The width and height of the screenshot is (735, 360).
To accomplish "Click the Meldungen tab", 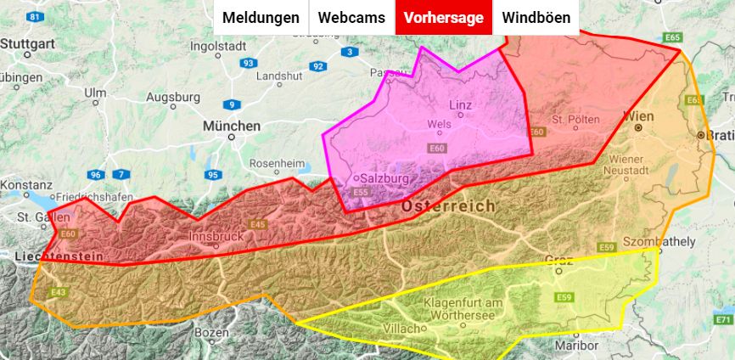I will [261, 18].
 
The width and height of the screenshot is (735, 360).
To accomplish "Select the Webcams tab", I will [351, 18].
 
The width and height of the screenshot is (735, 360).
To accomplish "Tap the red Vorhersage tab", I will [444, 18].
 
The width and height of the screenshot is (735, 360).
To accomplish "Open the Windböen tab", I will [536, 18].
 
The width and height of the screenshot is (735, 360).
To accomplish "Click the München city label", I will [231, 126].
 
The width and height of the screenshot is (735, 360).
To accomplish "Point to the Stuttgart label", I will [28, 42].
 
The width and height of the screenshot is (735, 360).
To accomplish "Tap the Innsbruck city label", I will [216, 236].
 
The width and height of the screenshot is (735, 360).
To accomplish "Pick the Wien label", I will [637, 115].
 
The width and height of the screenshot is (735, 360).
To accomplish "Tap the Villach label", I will [402, 328].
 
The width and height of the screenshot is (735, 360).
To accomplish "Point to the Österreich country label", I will [447, 206].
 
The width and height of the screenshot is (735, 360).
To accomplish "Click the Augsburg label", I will [173, 97].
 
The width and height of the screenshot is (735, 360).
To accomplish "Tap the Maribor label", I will [576, 346].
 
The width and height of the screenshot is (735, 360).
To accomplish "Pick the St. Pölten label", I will [576, 119].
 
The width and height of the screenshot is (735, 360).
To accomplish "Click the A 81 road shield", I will [35, 17].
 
